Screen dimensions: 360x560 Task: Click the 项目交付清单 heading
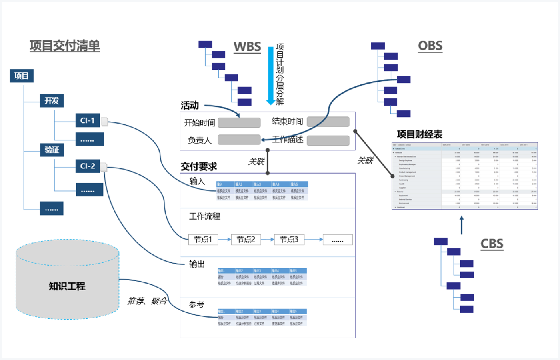(65, 46)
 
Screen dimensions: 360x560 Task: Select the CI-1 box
(88, 120)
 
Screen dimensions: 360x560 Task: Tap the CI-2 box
(88, 166)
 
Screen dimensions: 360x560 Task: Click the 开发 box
(52, 100)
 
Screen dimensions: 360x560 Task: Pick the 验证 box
(52, 150)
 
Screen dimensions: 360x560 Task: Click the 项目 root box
(22, 76)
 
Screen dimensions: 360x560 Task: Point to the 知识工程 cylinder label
(67, 286)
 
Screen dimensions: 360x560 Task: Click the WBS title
(247, 47)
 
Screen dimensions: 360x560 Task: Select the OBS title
(430, 46)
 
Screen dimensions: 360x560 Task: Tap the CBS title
(492, 244)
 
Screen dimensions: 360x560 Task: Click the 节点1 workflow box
(203, 240)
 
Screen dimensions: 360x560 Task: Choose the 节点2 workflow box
(246, 240)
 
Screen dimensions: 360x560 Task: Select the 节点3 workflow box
(289, 240)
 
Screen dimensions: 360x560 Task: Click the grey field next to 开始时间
(239, 122)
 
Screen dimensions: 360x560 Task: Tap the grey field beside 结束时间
(328, 122)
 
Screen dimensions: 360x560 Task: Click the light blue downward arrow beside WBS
(271, 76)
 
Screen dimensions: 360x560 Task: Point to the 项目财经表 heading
(420, 134)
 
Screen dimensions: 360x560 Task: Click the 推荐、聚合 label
(147, 301)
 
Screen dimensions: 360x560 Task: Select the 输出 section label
(197, 264)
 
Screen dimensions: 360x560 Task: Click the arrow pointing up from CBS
(462, 225)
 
